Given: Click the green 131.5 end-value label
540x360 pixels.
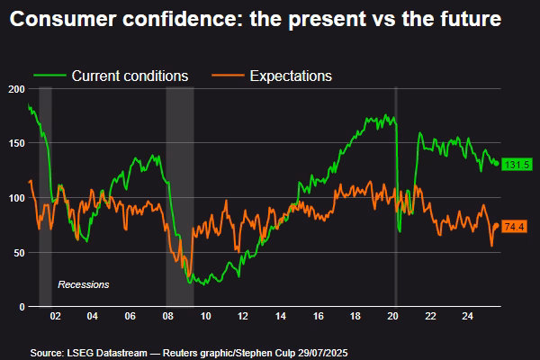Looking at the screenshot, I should (x=515, y=164).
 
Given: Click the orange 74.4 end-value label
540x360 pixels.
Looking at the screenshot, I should (x=515, y=226).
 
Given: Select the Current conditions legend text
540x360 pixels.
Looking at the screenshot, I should (x=130, y=76).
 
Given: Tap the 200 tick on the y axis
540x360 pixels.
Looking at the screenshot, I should (x=16, y=89).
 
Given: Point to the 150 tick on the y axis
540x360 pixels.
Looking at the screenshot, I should (x=16, y=143).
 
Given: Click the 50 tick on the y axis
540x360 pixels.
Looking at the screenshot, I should (x=19, y=253).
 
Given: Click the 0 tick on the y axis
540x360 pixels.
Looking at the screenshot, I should (x=22, y=307).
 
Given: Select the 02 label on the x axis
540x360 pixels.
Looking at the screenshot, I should (x=55, y=318).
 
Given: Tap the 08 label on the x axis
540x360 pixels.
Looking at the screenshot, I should (x=168, y=318).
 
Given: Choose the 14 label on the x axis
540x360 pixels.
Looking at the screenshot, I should (x=282, y=318).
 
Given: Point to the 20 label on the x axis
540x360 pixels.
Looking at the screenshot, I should (x=393, y=318).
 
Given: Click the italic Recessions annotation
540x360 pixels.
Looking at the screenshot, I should (x=83, y=284).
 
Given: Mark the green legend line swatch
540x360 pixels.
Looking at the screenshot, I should (x=49, y=76).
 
